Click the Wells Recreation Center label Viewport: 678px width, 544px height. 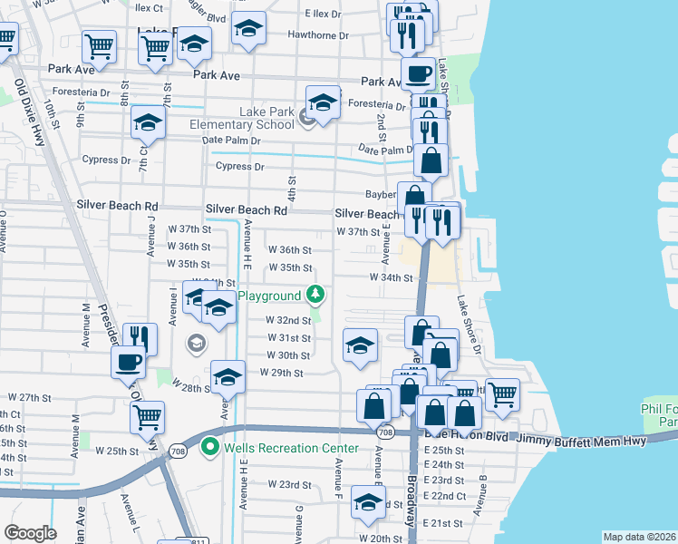click(x=276, y=447)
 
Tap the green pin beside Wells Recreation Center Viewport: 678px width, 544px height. click(x=210, y=447)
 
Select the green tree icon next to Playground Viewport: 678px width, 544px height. click(x=315, y=294)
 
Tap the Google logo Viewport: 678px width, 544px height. click(x=30, y=533)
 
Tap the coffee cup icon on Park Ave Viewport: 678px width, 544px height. click(x=418, y=74)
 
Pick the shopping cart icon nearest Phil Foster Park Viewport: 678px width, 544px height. click(x=502, y=394)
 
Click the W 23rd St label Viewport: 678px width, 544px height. click(x=288, y=485)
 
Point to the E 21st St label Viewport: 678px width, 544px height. click(x=442, y=524)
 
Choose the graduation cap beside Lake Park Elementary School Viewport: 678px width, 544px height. click(x=322, y=102)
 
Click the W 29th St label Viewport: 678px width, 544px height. click(x=281, y=373)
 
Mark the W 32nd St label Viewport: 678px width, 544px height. click(x=288, y=320)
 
